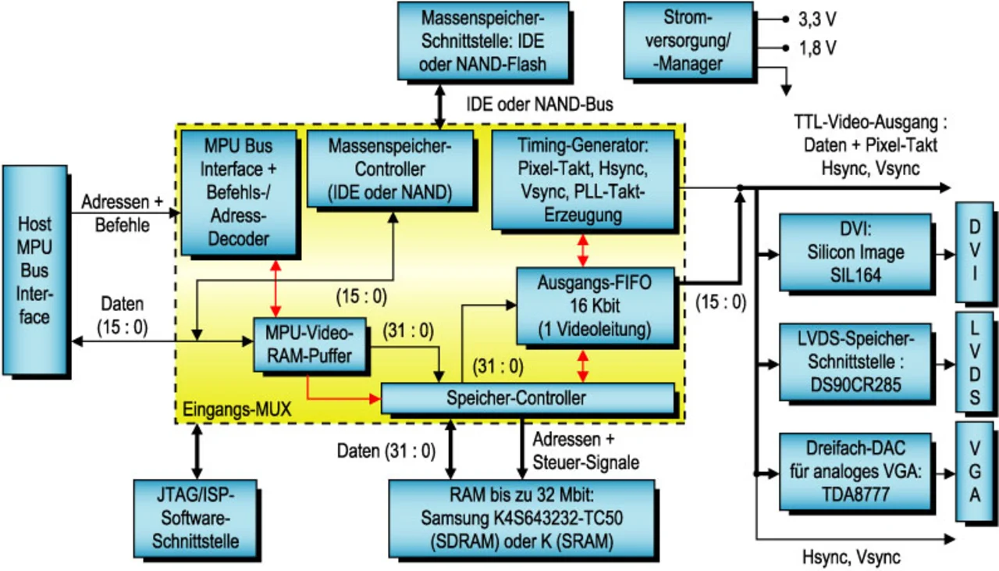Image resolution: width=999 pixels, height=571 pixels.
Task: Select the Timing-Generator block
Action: click(582, 179)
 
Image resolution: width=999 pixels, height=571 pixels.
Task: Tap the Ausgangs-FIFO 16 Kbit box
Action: click(595, 305)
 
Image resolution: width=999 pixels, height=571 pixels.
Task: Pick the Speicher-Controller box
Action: click(527, 398)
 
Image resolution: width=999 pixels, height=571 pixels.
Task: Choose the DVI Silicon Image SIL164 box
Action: click(854, 252)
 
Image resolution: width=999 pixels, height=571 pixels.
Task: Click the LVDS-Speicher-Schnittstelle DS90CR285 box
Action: click(854, 362)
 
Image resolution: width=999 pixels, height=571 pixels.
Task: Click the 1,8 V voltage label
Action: click(817, 48)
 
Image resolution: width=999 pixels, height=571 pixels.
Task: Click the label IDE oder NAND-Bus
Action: click(539, 103)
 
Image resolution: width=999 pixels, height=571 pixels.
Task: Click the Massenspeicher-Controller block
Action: click(389, 167)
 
